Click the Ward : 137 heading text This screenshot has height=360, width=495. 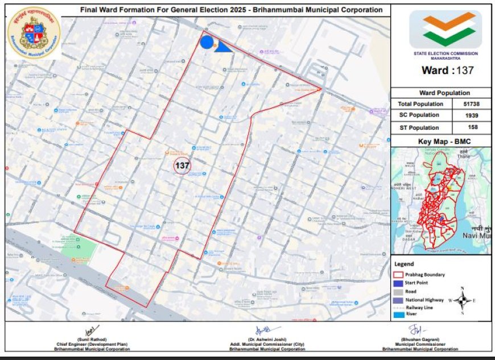click(x=447, y=71)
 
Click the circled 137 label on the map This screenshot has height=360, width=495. click(x=182, y=166)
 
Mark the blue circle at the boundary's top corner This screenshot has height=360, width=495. click(x=207, y=43)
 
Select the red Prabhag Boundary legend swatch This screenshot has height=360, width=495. click(x=398, y=275)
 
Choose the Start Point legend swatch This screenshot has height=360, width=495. click(x=398, y=283)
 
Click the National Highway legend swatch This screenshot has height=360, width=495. click(x=398, y=299)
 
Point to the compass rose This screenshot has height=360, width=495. click(x=463, y=300)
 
